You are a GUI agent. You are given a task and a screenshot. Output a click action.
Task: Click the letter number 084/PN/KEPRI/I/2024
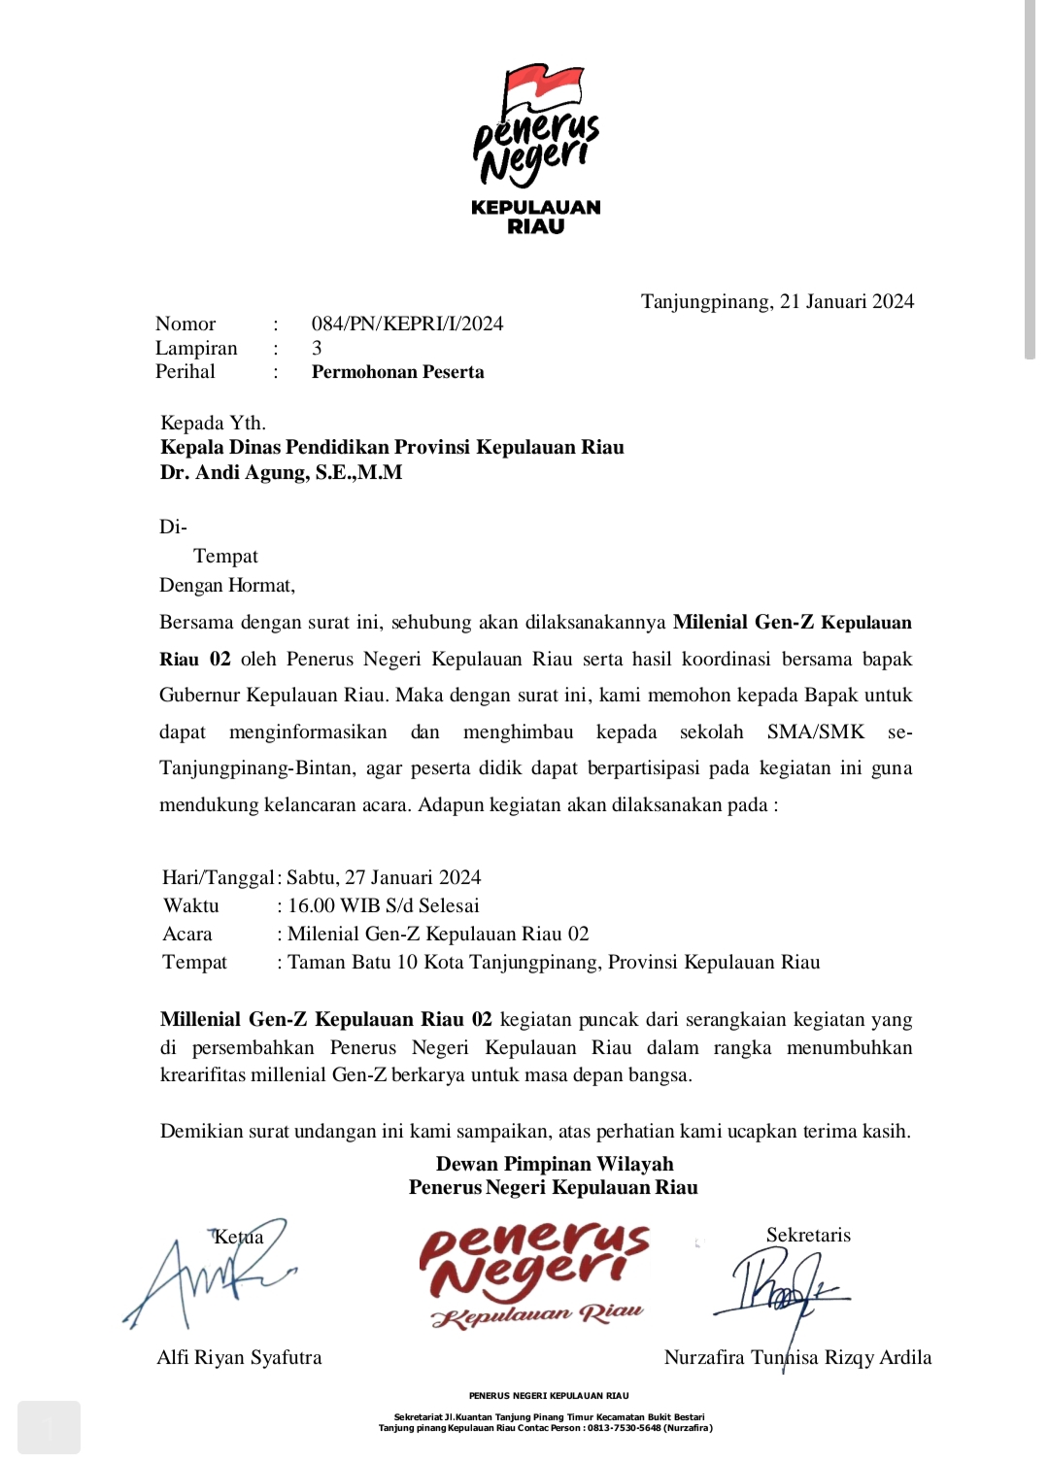[407, 323]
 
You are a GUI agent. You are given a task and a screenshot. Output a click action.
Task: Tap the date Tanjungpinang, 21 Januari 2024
[777, 301]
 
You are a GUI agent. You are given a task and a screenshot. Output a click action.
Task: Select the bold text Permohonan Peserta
[397, 372]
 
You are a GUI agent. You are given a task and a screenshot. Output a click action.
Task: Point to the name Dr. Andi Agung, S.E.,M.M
[281, 473]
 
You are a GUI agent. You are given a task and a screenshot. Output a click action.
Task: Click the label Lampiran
[196, 348]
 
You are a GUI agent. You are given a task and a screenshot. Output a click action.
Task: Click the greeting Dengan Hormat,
[227, 586]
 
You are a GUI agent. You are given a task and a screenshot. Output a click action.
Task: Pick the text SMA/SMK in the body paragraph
[815, 732]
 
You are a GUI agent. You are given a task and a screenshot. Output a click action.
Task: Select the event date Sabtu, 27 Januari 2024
[384, 878]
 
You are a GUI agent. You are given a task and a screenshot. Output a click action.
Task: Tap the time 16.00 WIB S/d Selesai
[384, 906]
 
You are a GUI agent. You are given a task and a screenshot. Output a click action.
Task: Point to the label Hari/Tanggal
[218, 878]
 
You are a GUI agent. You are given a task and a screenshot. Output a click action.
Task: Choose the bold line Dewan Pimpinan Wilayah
[554, 1164]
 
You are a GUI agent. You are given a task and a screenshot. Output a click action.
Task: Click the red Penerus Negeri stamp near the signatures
[535, 1273]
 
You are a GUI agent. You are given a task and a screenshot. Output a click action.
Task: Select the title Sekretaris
[808, 1236]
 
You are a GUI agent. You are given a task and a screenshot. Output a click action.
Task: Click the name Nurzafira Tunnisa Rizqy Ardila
[797, 1358]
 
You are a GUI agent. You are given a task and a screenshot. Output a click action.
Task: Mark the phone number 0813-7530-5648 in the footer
[624, 1428]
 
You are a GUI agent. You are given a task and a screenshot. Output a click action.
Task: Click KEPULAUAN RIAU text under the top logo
[535, 217]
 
